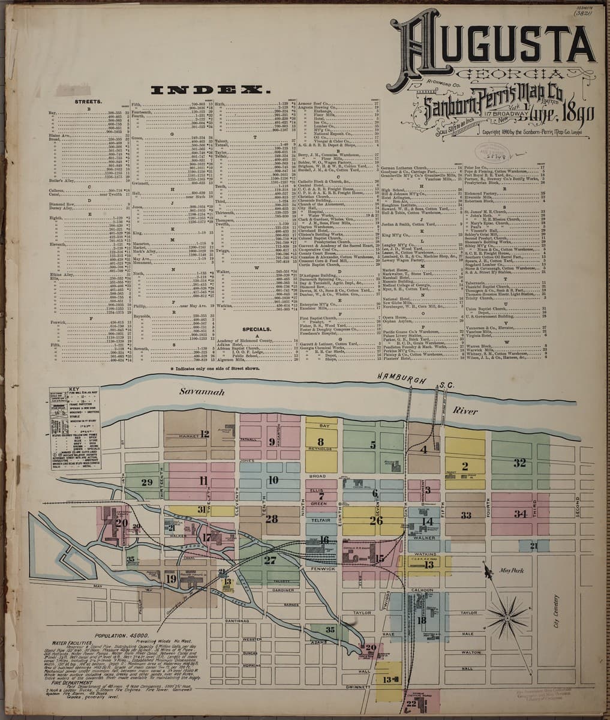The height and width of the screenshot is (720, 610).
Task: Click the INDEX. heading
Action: pyautogui.click(x=209, y=91)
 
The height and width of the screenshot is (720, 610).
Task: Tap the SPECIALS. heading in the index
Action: pyautogui.click(x=257, y=329)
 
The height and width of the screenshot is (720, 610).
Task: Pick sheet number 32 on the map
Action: pyautogui.click(x=519, y=463)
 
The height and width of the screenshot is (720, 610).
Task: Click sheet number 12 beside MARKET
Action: pyautogui.click(x=205, y=433)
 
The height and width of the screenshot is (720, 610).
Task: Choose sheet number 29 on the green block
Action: pyautogui.click(x=147, y=482)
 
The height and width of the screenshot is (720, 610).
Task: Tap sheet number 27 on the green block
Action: pyautogui.click(x=269, y=560)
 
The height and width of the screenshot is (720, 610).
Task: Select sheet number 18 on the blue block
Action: pyautogui.click(x=422, y=620)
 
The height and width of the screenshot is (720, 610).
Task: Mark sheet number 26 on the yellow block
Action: pyautogui.click(x=376, y=520)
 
